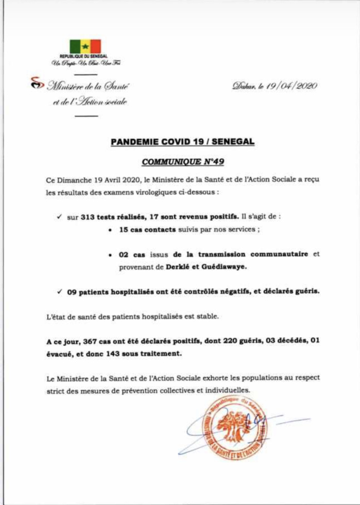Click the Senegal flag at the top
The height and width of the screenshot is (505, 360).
(85, 46)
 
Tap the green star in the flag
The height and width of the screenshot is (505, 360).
(85, 46)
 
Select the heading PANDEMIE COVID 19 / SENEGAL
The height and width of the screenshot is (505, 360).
(182, 141)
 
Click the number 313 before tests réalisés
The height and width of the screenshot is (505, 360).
(89, 217)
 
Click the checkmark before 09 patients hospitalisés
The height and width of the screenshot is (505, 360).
(60, 292)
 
